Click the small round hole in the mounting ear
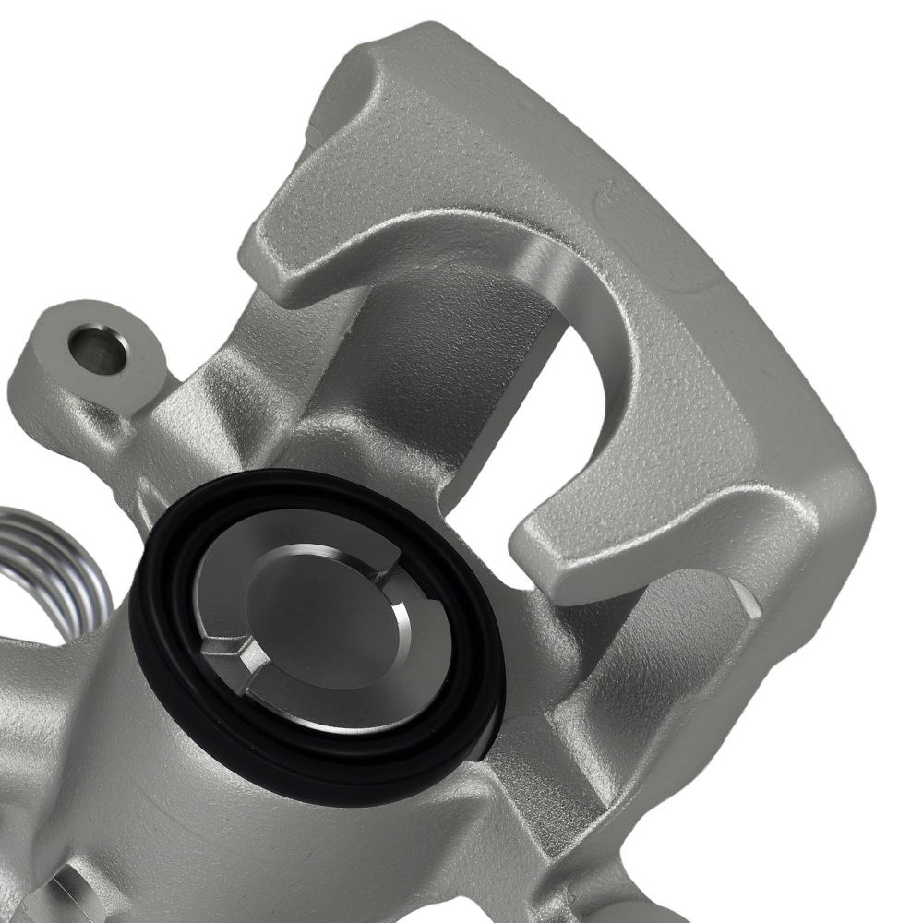click(98, 348)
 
